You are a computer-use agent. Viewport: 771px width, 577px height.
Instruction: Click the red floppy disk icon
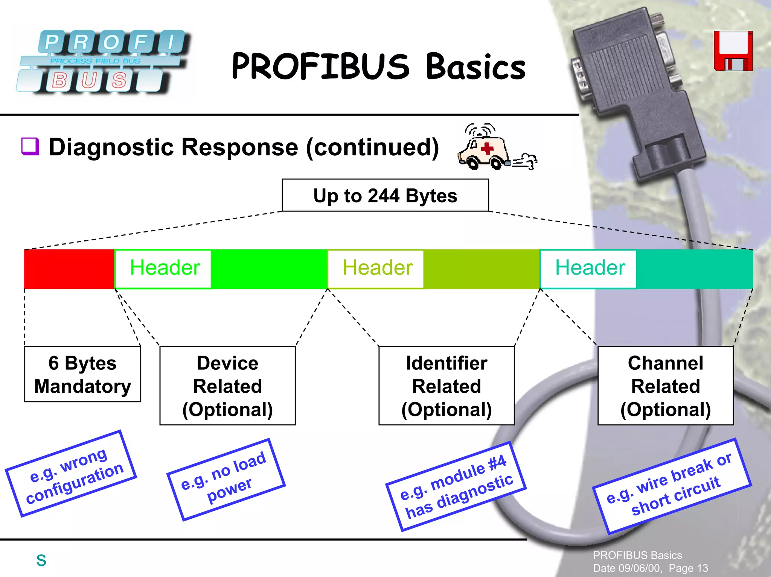pos(733,51)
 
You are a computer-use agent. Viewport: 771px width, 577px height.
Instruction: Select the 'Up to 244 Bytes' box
pos(385,196)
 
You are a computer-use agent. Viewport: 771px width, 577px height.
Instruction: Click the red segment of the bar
pos(69,269)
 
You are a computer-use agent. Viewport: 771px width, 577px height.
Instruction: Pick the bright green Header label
pos(164,268)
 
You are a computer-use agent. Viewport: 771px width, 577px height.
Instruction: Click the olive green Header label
pos(377,268)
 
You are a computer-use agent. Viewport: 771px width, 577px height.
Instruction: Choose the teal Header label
pos(590,268)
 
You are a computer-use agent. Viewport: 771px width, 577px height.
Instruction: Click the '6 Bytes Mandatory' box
pos(82,374)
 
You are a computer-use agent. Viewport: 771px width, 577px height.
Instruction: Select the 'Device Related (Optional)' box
pos(227,386)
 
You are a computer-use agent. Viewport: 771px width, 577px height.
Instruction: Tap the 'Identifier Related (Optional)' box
pos(446,386)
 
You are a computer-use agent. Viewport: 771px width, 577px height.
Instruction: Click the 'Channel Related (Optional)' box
pos(665,386)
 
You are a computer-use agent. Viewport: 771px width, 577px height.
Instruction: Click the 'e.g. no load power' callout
pos(226,480)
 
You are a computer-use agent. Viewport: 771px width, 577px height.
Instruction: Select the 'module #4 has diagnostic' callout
pos(456,486)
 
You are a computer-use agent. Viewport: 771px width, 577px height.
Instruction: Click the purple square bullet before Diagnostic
pos(30,146)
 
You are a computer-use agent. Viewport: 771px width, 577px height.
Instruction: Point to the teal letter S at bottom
pos(41,560)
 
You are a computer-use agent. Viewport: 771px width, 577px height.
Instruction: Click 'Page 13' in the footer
pos(688,568)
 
